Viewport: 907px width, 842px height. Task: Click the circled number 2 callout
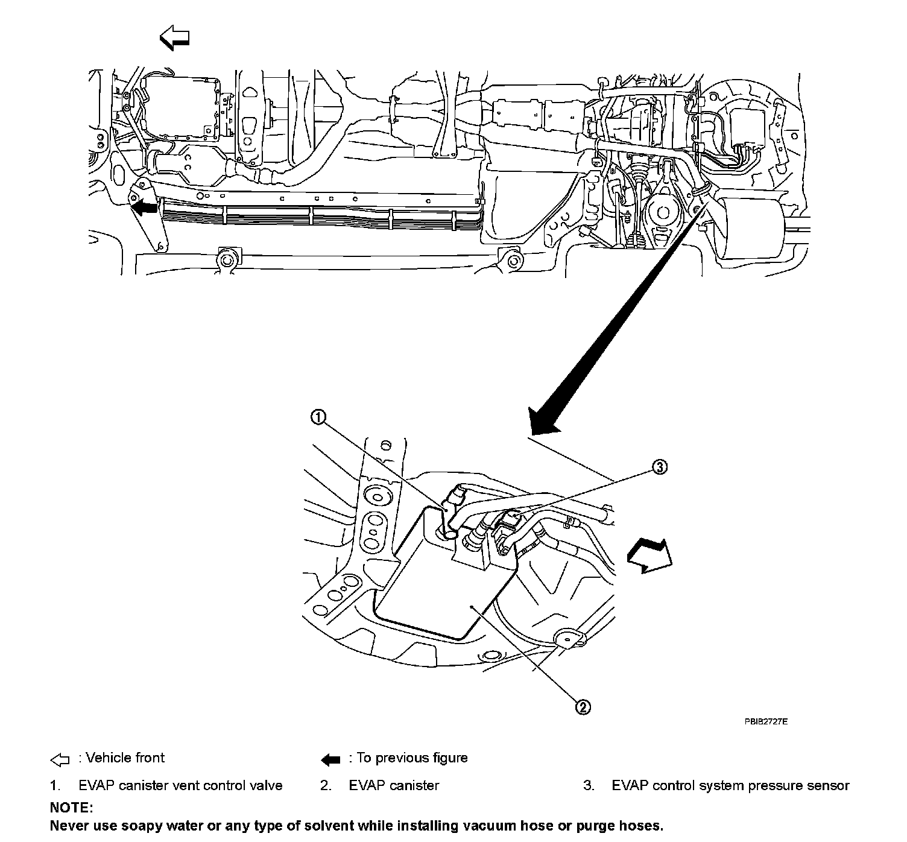(x=583, y=707)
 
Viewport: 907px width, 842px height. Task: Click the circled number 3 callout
(x=660, y=466)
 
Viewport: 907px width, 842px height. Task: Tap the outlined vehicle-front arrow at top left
(x=174, y=39)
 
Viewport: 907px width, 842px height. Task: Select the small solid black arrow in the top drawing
(x=144, y=208)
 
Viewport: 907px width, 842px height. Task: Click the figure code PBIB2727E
(x=766, y=721)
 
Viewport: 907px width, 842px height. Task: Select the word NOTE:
(x=71, y=807)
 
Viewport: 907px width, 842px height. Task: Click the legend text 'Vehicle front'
(x=125, y=758)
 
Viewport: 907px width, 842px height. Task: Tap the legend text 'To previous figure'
(x=412, y=758)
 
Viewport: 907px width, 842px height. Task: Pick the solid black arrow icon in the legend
(x=330, y=759)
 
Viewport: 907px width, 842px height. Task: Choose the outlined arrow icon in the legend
(x=60, y=759)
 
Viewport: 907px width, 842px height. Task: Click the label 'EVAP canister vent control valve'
(x=180, y=786)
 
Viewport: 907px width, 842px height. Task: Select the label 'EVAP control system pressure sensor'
(x=730, y=786)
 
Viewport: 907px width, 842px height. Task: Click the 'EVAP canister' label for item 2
(x=394, y=786)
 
